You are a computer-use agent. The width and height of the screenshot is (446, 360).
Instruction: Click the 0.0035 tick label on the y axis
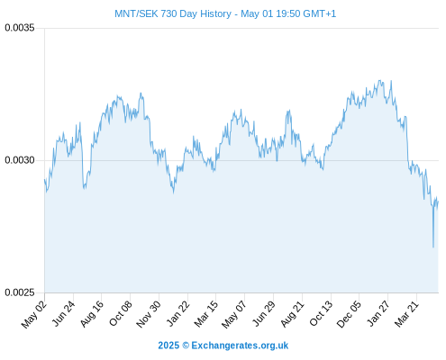20,28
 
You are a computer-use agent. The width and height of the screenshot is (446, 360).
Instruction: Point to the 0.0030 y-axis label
20,160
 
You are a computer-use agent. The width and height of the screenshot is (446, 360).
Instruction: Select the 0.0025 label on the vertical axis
20,292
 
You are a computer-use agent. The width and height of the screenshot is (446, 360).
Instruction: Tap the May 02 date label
34,314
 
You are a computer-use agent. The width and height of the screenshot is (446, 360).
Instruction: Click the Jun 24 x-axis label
63,313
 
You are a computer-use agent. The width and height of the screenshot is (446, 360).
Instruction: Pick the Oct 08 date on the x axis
121,313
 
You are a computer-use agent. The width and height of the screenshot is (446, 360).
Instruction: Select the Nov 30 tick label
149,314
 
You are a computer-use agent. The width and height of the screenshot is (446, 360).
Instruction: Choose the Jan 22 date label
178,313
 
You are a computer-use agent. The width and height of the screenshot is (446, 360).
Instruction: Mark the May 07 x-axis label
234,314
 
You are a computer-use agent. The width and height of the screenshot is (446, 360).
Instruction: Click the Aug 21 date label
292,314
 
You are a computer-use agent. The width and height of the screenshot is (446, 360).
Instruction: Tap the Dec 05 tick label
349,314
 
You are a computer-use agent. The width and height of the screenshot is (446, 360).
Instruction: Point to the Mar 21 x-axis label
406,314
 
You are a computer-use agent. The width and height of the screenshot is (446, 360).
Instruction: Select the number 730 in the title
168,13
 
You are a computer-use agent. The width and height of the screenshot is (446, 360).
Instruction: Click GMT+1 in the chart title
320,13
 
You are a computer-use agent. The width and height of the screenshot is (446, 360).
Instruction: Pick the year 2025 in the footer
168,346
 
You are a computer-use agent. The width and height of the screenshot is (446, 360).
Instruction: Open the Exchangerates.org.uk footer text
240,346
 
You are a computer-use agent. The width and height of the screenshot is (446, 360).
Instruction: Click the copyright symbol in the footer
186,346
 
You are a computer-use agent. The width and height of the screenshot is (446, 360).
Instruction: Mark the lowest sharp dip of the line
433,247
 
